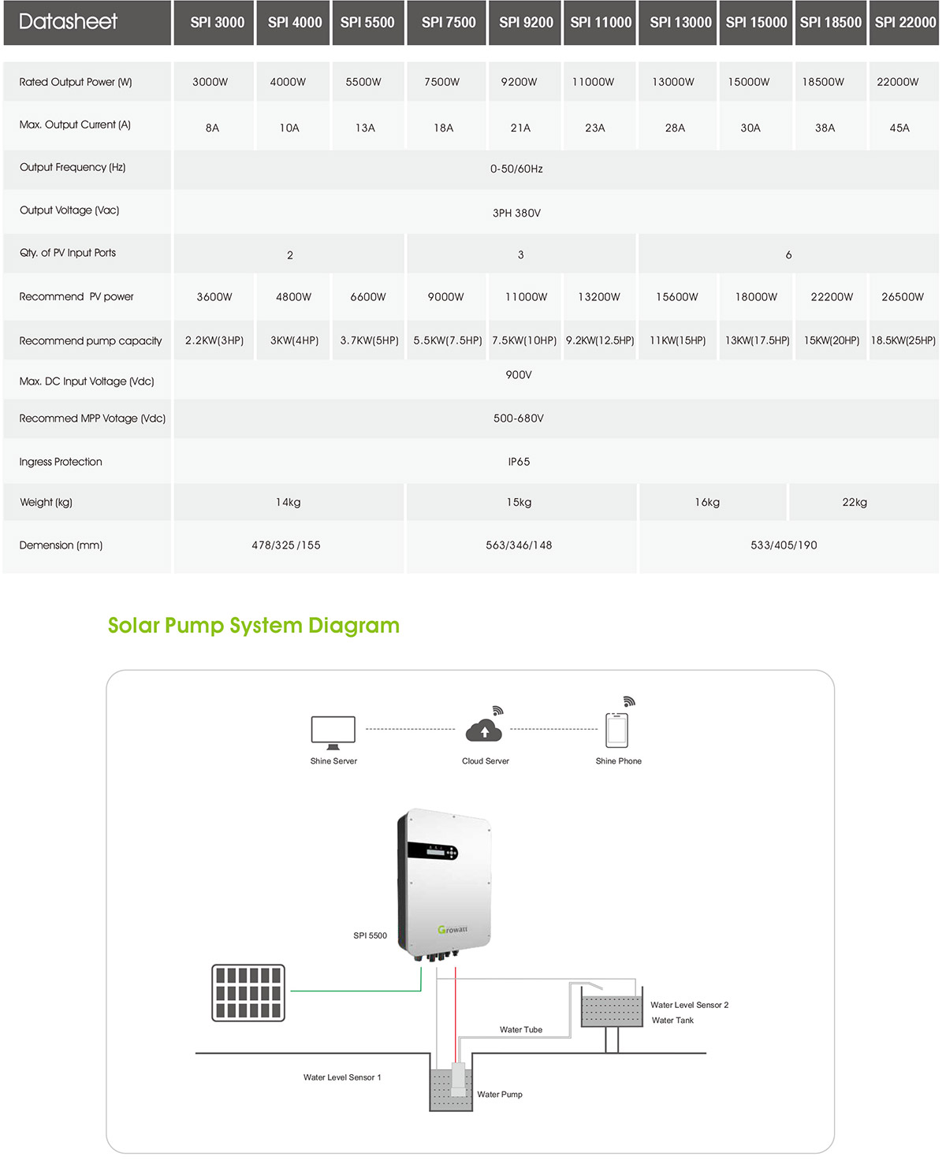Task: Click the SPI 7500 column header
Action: tap(448, 22)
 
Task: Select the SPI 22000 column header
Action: tap(905, 22)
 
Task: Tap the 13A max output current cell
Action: tap(365, 128)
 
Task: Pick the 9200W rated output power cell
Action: tap(519, 82)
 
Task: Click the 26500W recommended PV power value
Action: tap(903, 297)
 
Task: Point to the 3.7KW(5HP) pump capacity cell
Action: tap(369, 340)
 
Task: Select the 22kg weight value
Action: tap(855, 502)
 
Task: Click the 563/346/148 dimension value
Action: tap(519, 545)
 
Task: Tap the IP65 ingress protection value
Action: tap(519, 462)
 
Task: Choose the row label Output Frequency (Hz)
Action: tap(73, 167)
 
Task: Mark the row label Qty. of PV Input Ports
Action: tap(68, 252)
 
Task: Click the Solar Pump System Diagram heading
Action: tap(254, 625)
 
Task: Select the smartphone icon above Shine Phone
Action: tap(616, 730)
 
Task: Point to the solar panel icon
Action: tap(248, 993)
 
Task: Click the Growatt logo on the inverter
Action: tap(453, 930)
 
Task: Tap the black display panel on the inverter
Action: tap(432, 851)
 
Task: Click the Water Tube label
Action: tap(521, 1029)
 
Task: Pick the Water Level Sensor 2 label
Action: tap(689, 1005)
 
